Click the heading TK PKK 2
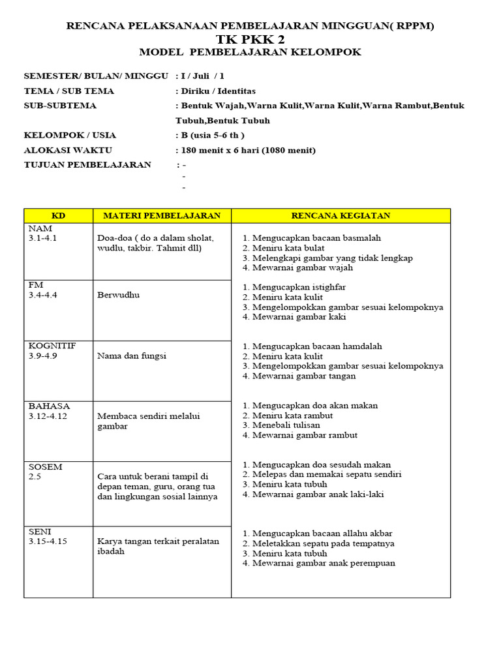tap(250, 39)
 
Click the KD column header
tap(58, 215)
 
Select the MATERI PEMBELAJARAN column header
tap(162, 215)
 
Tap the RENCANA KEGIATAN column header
tap(341, 215)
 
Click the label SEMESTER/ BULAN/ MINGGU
tap(96, 76)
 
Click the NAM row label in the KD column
tap(37, 228)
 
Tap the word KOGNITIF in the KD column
tap(52, 346)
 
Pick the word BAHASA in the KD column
tap(49, 406)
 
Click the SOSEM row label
tap(46, 466)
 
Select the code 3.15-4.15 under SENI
tap(48, 541)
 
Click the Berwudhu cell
tap(118, 295)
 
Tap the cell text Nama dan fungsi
tap(132, 356)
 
